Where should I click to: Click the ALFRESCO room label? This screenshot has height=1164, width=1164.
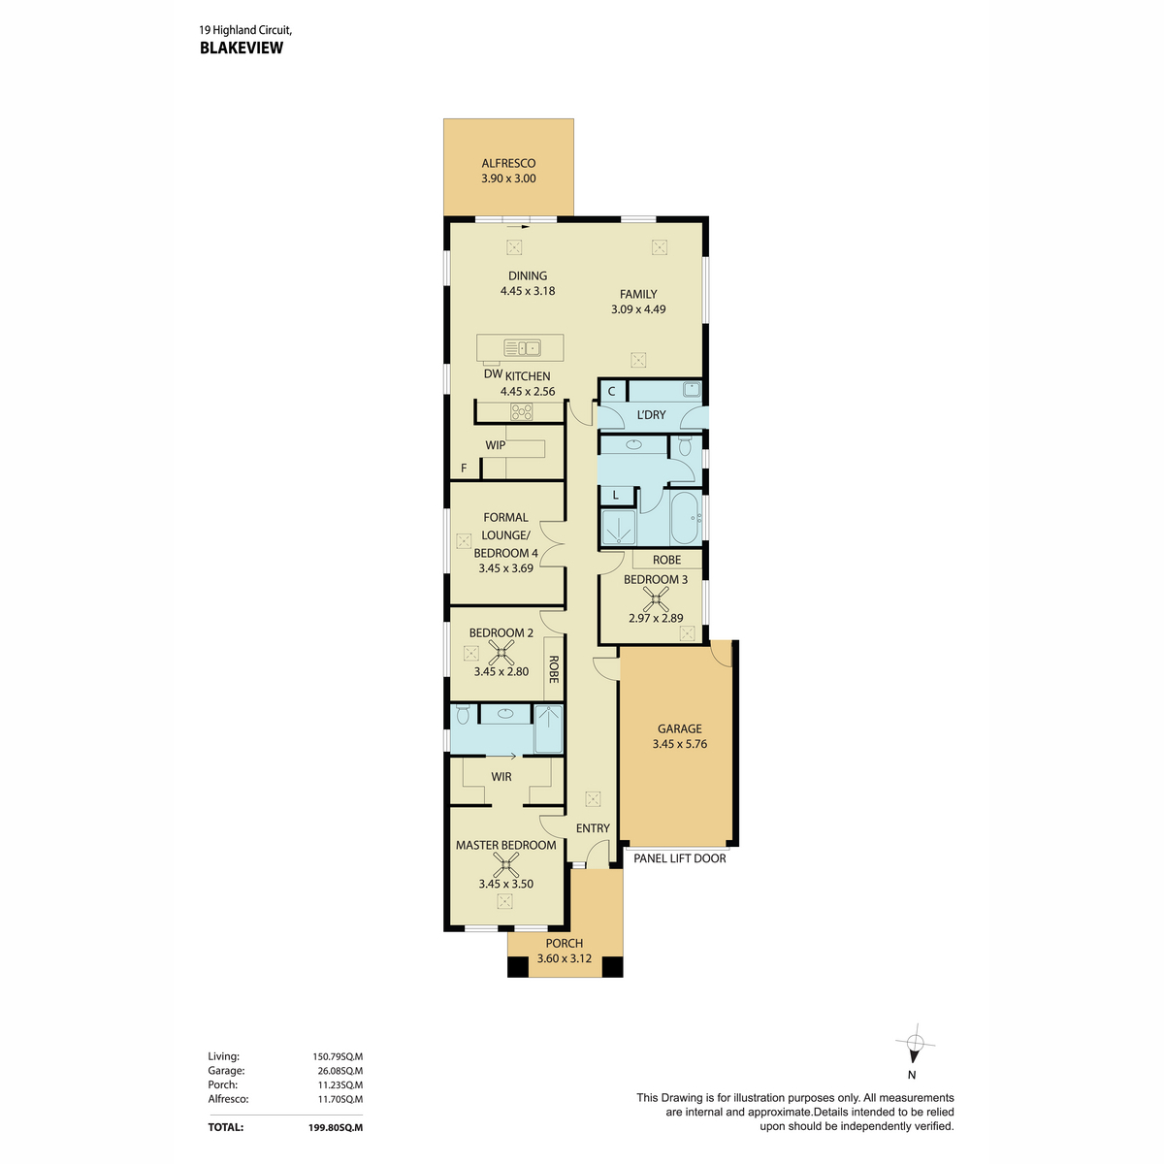tap(508, 163)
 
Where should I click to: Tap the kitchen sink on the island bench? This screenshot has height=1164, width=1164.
tap(522, 348)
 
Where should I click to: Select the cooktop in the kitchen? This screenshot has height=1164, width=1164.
tap(521, 412)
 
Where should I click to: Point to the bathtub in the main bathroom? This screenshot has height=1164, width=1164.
tap(687, 518)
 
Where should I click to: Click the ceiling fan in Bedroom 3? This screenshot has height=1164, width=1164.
tap(656, 599)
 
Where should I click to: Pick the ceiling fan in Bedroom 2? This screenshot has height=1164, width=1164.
tap(501, 653)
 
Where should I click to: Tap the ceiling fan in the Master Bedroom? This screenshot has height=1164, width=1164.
tap(505, 864)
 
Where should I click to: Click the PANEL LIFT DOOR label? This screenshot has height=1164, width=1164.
tap(680, 858)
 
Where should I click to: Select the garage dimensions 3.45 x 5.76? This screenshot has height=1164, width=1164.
tap(680, 744)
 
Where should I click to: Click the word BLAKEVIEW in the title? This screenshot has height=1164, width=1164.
tap(241, 48)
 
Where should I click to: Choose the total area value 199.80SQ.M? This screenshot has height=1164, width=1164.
tap(336, 1127)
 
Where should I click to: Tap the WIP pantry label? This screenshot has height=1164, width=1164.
tap(495, 445)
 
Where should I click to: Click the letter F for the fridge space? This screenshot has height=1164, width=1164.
tap(464, 469)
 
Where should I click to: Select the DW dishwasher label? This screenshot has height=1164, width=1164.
tap(493, 373)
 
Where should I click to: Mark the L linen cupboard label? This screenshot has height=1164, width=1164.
tap(616, 496)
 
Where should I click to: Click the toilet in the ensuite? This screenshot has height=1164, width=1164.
tap(464, 715)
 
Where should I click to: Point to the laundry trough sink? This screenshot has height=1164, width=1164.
tap(693, 389)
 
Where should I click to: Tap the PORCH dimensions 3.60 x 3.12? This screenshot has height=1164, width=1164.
tap(565, 958)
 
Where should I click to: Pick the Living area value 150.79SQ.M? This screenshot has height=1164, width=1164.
tap(338, 1057)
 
